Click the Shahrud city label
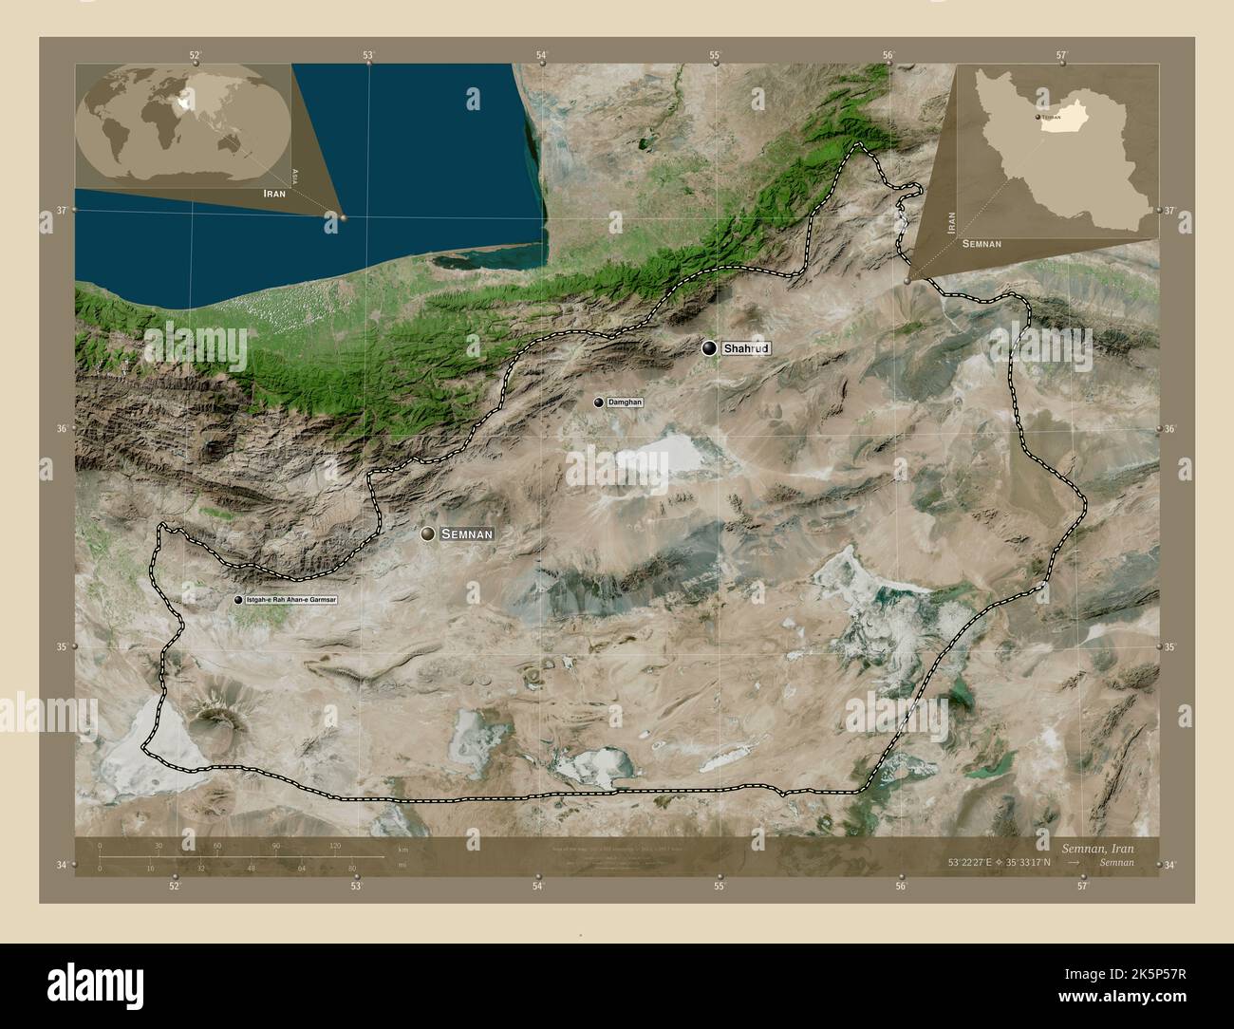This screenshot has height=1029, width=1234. click(745, 349)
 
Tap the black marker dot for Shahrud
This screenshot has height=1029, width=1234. click(709, 348)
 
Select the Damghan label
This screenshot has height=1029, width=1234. click(625, 402)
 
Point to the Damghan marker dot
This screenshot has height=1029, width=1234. click(599, 402)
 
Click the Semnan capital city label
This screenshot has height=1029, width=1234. click(466, 534)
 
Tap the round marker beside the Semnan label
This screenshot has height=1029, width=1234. click(429, 534)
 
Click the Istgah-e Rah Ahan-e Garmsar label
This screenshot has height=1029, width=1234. click(290, 600)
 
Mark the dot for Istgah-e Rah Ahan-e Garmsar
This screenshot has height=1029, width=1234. click(237, 600)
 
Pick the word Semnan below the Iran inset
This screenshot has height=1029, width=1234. click(982, 244)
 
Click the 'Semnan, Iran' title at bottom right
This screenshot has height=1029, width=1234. click(1096, 847)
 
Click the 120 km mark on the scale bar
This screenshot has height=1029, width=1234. click(334, 845)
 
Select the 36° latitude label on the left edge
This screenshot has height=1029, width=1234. click(63, 429)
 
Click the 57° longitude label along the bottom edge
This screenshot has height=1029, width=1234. click(1081, 886)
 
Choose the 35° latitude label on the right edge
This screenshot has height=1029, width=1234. click(1171, 647)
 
